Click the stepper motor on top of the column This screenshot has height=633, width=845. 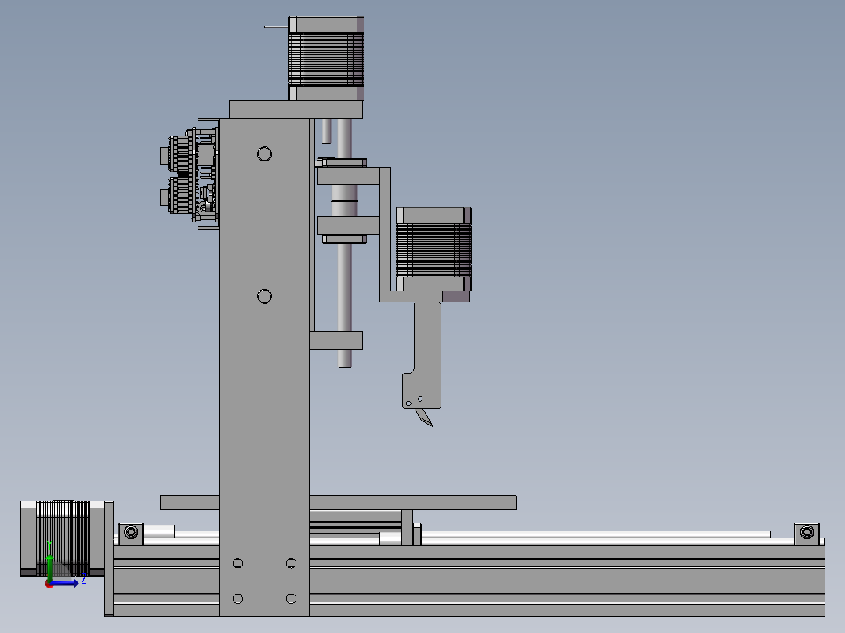327,59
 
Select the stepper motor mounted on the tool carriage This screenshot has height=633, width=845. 433,250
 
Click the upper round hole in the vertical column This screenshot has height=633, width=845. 264,154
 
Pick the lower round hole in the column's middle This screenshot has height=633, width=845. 264,296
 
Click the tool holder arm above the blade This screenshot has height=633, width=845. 427,353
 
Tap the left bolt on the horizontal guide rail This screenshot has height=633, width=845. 131,533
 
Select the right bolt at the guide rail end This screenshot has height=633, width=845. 806,533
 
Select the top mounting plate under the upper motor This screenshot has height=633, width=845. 296,109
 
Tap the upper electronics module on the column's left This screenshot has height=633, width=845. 188,152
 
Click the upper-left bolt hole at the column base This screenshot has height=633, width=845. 238,562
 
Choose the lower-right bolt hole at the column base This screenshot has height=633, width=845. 291,599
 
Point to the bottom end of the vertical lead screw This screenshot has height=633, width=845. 344,362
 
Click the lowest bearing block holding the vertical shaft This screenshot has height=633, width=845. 335,341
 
